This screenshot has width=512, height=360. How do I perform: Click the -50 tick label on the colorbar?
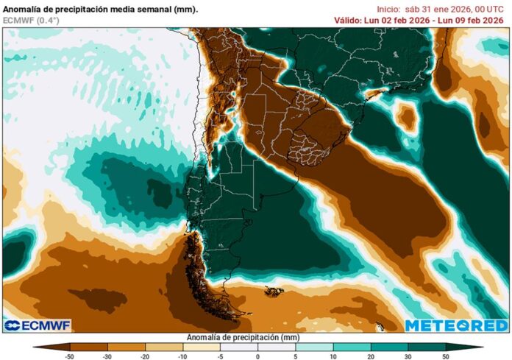(70, 356)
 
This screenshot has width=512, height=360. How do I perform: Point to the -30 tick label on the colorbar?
(107, 356)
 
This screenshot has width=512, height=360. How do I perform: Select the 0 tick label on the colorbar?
(258, 356)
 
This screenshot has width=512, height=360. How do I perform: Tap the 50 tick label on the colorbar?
(446, 356)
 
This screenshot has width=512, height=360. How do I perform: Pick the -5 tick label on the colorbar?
(221, 356)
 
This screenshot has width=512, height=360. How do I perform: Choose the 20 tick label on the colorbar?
(371, 356)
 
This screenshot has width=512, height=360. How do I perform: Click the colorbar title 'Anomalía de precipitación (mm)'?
(257, 336)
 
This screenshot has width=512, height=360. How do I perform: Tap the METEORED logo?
(456, 325)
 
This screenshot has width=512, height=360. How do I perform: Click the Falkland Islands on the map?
(274, 292)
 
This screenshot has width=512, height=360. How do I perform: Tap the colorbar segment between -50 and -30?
(88, 346)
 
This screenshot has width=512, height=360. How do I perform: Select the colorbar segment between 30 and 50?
(427, 346)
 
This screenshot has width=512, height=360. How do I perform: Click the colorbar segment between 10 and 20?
(352, 346)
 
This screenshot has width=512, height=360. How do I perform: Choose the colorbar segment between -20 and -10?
(164, 346)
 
